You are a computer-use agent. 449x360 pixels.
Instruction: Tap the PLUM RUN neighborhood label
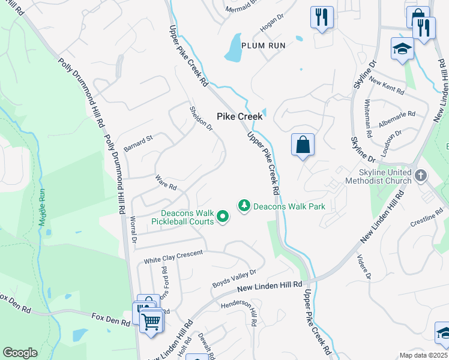[264, 45]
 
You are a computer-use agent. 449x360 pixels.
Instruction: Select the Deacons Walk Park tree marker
[244, 206]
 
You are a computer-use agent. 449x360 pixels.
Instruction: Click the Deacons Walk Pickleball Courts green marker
[223, 216]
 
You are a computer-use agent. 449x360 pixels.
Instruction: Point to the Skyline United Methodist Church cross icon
[421, 176]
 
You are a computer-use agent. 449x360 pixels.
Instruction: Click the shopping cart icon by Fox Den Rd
[151, 320]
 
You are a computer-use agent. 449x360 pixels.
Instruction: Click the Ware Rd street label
[165, 182]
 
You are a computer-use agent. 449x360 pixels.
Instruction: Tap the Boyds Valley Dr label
[235, 278]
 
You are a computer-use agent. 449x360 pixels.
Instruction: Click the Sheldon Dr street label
[201, 118]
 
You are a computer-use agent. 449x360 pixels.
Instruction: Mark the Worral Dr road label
[134, 230]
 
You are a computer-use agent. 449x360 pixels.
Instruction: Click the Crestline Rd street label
[411, 221]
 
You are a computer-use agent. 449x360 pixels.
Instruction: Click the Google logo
[20, 353]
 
